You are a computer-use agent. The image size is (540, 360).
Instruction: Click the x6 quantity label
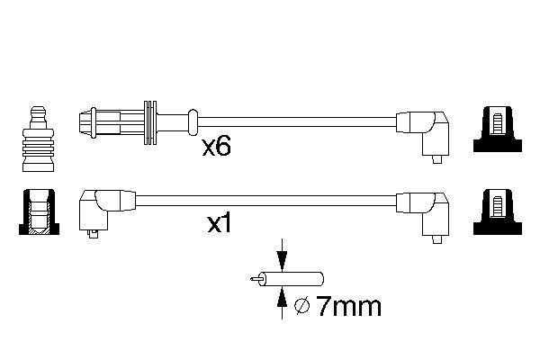pyautogui.click(x=216, y=147)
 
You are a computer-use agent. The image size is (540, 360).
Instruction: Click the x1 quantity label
pyautogui.click(x=219, y=224)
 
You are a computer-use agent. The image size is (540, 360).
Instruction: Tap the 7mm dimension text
pyautogui.click(x=349, y=306)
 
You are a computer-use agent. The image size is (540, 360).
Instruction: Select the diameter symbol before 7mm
pyautogui.click(x=302, y=306)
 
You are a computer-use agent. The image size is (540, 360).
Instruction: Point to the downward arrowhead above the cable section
pyautogui.click(x=282, y=261)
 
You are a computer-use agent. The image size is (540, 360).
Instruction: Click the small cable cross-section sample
pyautogui.click(x=287, y=279)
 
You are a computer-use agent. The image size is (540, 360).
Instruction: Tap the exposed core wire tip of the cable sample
pyautogui.click(x=255, y=279)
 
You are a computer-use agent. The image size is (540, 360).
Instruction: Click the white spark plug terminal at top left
pyautogui.click(x=38, y=139)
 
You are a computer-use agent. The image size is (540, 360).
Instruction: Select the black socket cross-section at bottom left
pyautogui.click(x=39, y=212)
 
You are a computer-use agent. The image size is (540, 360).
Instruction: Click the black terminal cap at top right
pyautogui.click(x=498, y=130)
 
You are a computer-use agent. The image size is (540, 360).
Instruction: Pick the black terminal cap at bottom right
pyautogui.click(x=498, y=212)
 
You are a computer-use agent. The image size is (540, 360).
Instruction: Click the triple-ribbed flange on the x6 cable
pyautogui.click(x=150, y=122)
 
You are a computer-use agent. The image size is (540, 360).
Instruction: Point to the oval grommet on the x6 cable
pyautogui.click(x=193, y=122)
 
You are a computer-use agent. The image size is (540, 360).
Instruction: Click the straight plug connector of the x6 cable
pyautogui.click(x=112, y=122)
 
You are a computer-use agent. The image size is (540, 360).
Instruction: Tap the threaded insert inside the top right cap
pyautogui.click(x=498, y=124)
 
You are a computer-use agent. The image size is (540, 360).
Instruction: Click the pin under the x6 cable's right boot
pyautogui.click(x=437, y=160)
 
